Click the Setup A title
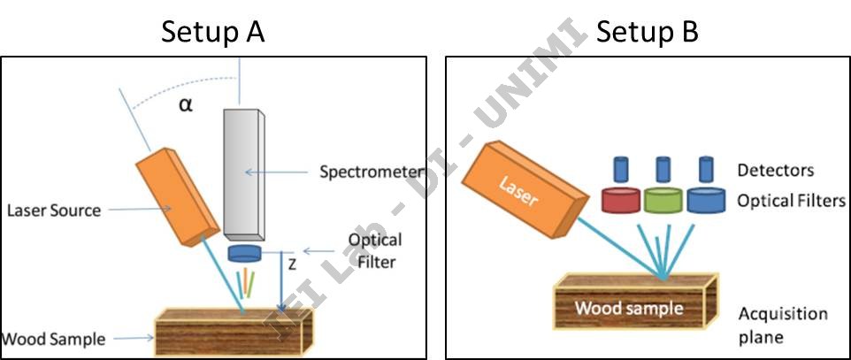click(x=212, y=33)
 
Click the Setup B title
click(x=648, y=33)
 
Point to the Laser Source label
click(x=53, y=211)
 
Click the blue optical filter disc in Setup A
click(x=245, y=255)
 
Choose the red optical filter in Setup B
click(x=621, y=200)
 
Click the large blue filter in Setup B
click(x=705, y=200)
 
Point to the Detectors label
click(x=775, y=170)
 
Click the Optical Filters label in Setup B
click(x=791, y=201)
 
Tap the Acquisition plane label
click(x=783, y=325)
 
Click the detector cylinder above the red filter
click(x=621, y=169)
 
